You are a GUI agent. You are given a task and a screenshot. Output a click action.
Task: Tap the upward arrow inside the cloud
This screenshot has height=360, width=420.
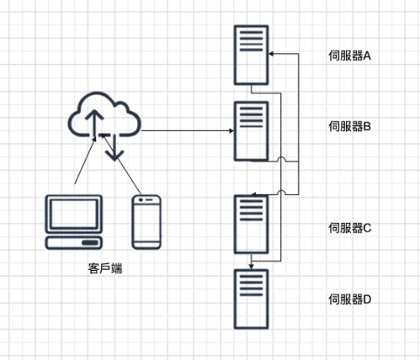pyautogui.click(x=94, y=122)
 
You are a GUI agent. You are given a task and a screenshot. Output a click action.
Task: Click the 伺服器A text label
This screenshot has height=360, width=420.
pyautogui.click(x=350, y=55)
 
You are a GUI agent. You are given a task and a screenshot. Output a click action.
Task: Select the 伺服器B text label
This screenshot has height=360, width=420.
pyautogui.click(x=350, y=127)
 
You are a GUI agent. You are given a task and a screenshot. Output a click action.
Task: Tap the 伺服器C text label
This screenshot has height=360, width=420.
pyautogui.click(x=350, y=227)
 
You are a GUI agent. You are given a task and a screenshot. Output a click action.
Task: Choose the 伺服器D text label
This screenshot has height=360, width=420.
pyautogui.click(x=350, y=299)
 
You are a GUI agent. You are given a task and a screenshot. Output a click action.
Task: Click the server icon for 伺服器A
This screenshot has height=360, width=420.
pyautogui.click(x=251, y=54)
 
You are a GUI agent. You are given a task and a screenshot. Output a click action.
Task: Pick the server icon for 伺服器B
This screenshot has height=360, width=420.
pyautogui.click(x=251, y=130)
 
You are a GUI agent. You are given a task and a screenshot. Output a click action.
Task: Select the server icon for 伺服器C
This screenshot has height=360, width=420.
pyautogui.click(x=251, y=224)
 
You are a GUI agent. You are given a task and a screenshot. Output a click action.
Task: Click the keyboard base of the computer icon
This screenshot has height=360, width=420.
pyautogui.click(x=74, y=243)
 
